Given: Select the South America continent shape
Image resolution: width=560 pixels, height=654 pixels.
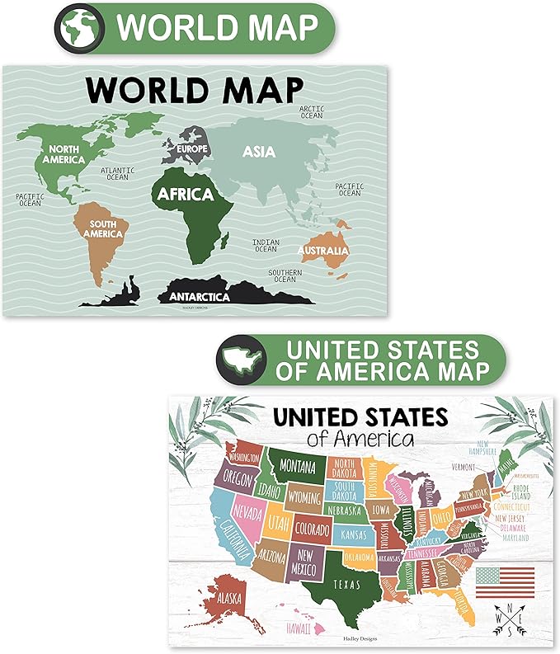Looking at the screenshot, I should click(101, 233).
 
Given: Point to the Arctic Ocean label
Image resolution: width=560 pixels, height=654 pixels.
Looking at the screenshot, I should click(312, 111).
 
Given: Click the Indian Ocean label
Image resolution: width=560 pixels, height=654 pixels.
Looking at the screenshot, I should click(265, 245).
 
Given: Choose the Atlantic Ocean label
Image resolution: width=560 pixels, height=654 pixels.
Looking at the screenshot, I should click(116, 174).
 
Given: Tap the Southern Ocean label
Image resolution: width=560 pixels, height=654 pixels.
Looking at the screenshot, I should click(285, 275).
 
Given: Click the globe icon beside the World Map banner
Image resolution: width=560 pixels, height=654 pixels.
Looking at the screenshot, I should click(79, 28).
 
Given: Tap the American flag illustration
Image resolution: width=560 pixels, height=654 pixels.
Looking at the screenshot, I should click(505, 581).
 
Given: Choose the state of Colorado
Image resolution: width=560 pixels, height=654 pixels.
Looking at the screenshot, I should click(313, 527).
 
